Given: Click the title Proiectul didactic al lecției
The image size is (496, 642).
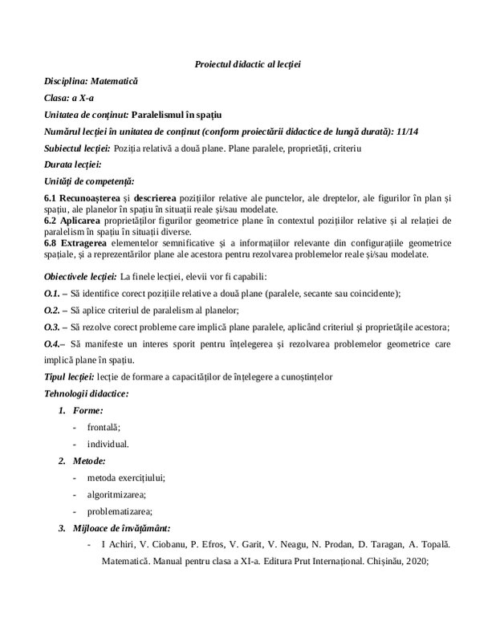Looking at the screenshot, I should tap(247, 63).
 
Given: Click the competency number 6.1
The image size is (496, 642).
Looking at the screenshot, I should tap(50, 197).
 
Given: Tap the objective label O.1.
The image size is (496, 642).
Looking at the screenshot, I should tap(52, 293).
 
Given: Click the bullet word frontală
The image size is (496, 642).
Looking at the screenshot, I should tap(105, 427).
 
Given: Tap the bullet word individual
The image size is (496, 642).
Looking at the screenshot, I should tap(108, 443).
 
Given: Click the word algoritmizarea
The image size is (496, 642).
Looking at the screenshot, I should tap(117, 494).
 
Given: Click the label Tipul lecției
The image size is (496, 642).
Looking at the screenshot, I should tap(69, 376).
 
